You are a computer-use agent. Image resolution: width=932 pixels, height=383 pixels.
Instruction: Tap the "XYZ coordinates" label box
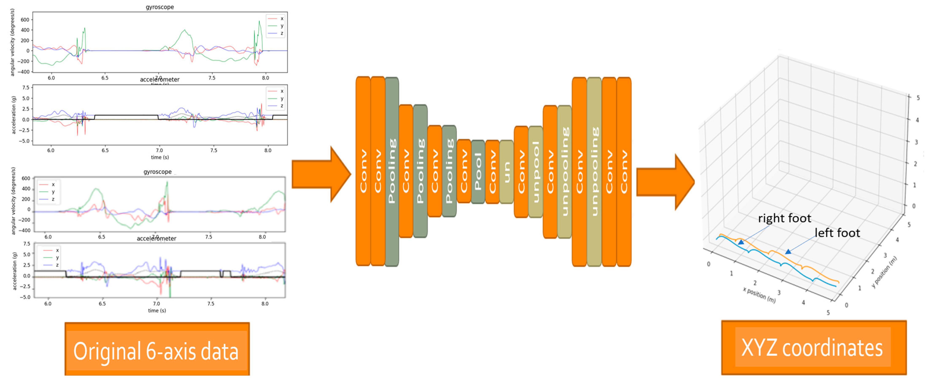[x=813, y=348]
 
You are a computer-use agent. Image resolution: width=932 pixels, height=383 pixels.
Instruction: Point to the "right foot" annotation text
[x=784, y=218]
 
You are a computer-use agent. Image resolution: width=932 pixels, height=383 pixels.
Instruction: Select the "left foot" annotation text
[x=837, y=233]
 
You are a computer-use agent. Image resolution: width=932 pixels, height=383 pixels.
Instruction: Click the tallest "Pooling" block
[x=392, y=172]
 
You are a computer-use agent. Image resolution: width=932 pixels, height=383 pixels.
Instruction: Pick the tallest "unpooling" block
[x=594, y=172]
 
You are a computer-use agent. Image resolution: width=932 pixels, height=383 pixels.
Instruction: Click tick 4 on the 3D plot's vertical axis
[x=917, y=120]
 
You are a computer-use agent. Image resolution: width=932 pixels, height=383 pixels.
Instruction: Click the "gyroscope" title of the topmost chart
[x=160, y=7]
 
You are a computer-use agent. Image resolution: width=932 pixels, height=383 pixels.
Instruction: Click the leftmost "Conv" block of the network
[x=363, y=171]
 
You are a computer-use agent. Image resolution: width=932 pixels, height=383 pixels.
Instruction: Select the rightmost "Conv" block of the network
[x=624, y=172]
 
